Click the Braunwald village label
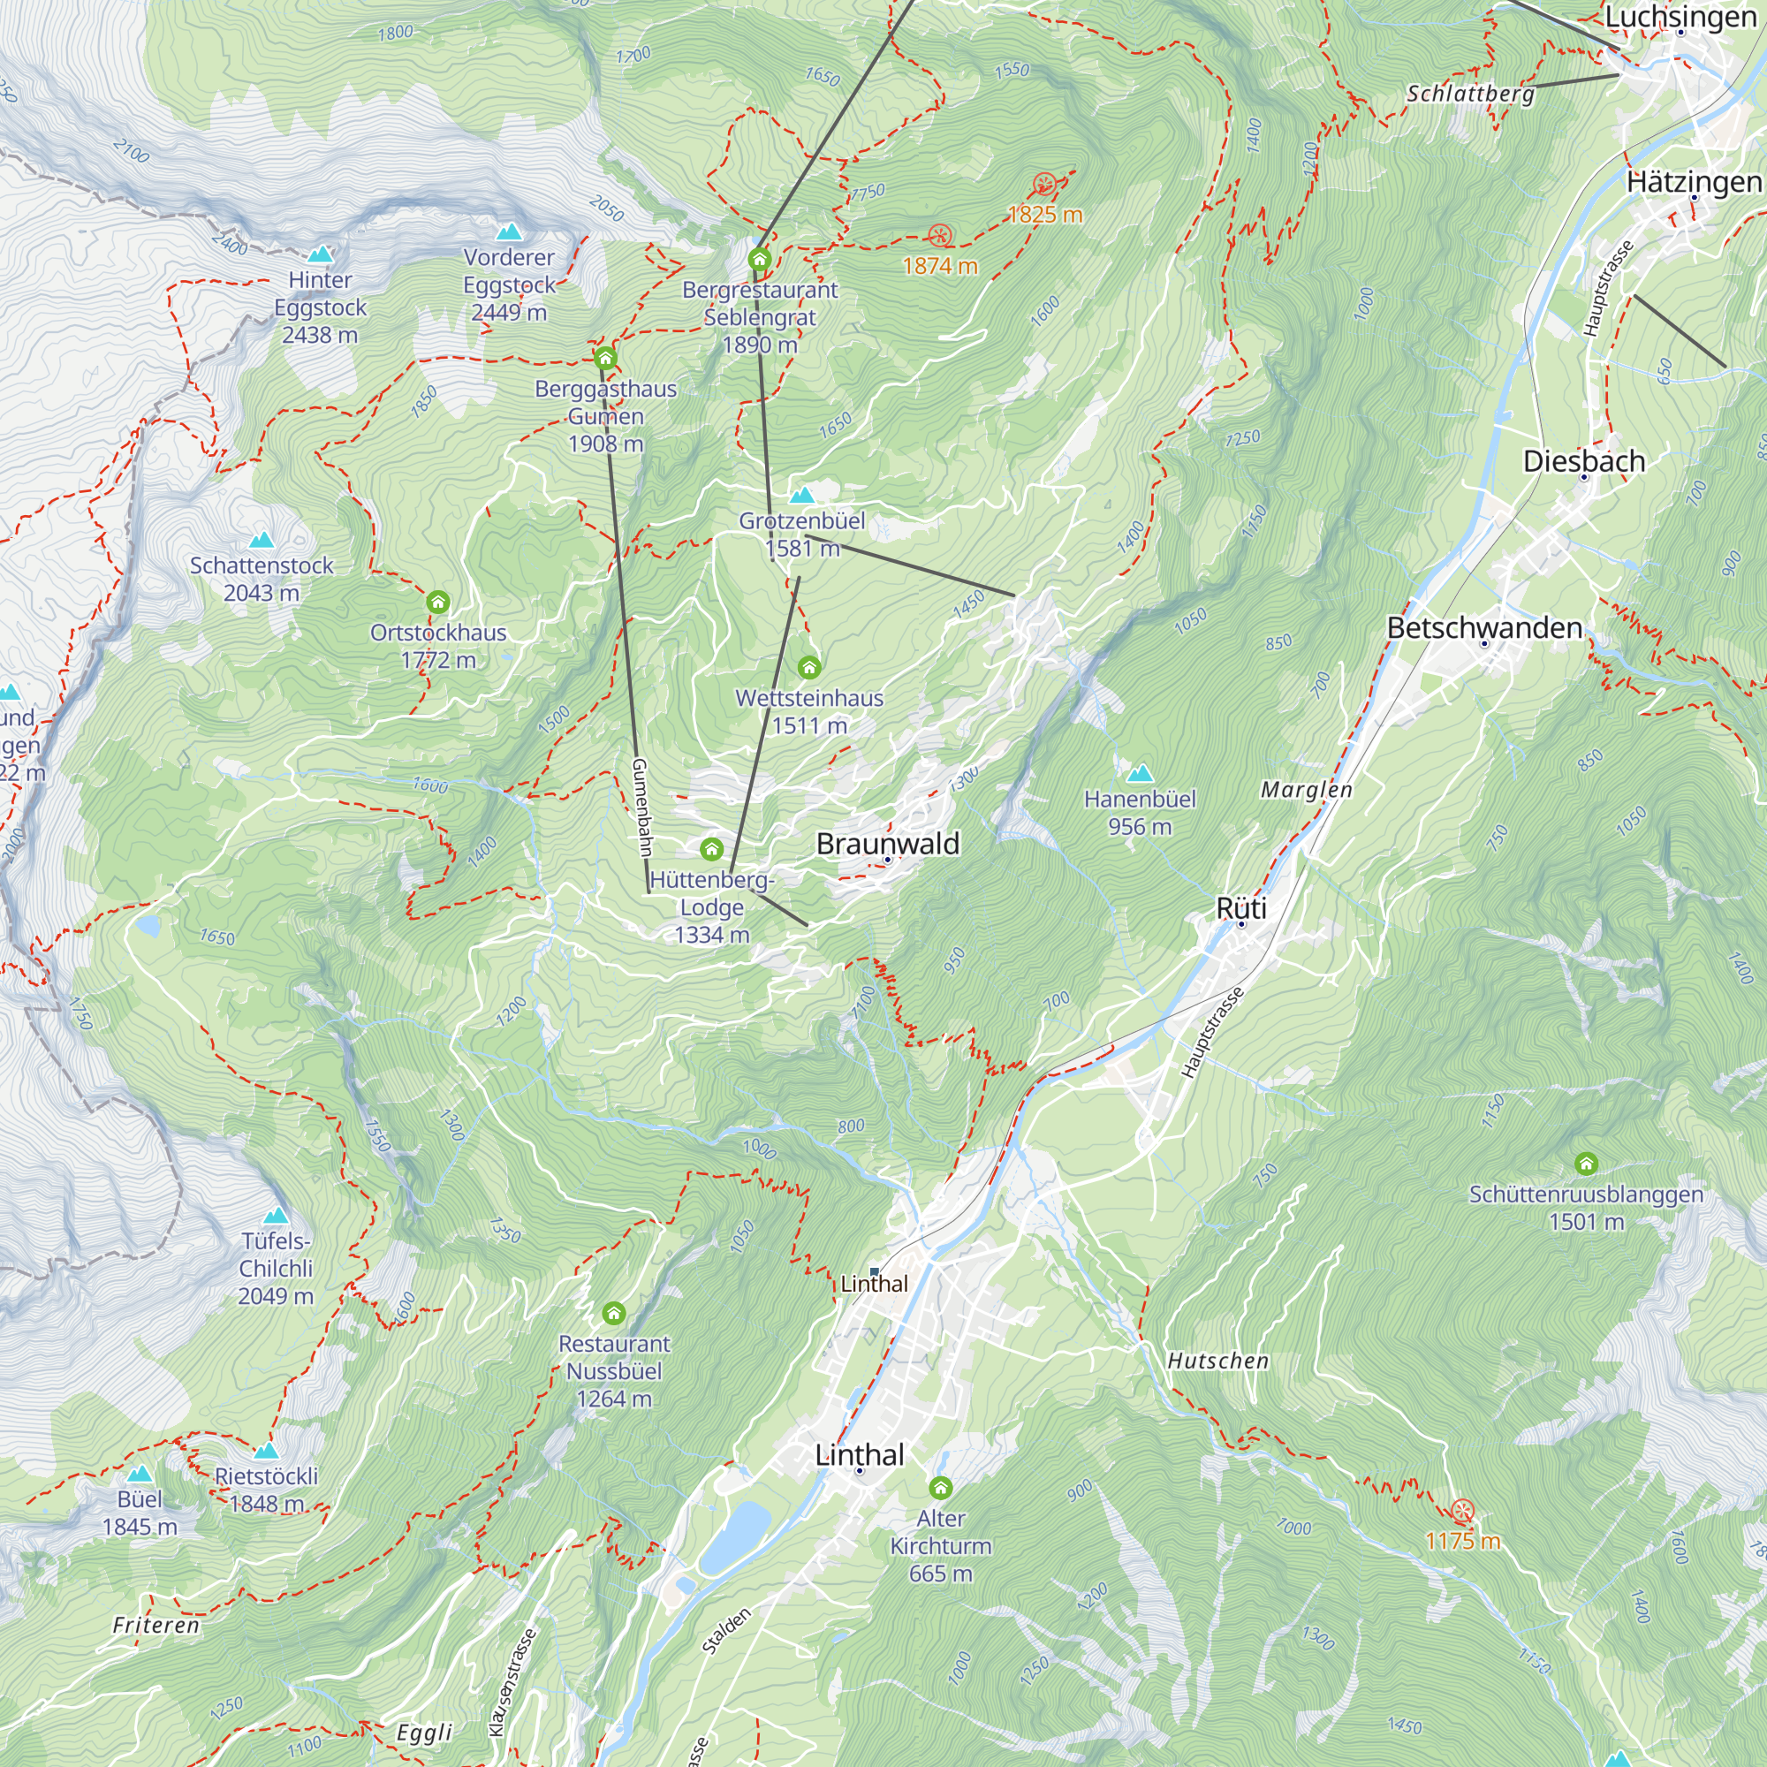pyautogui.click(x=887, y=843)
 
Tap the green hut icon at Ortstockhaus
pyautogui.click(x=438, y=602)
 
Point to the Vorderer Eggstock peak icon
pyautogui.click(x=509, y=231)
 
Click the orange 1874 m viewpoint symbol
pyautogui.click(x=939, y=236)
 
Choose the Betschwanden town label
pyautogui.click(x=1483, y=627)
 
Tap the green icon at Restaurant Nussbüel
pyautogui.click(x=614, y=1314)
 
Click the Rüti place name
pyautogui.click(x=1241, y=908)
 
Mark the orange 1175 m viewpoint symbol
pyautogui.click(x=1462, y=1510)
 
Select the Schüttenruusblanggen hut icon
pyautogui.click(x=1586, y=1164)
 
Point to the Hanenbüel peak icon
pyautogui.click(x=1139, y=774)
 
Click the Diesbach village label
pyautogui.click(x=1583, y=461)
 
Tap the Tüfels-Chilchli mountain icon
pyautogui.click(x=276, y=1216)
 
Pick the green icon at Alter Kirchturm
pyautogui.click(x=940, y=1487)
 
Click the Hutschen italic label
pyautogui.click(x=1217, y=1361)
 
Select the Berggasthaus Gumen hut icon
pyautogui.click(x=604, y=357)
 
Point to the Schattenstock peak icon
pyautogui.click(x=262, y=540)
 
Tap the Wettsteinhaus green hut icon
pyautogui.click(x=808, y=667)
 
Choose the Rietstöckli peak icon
pyautogui.click(x=266, y=1451)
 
